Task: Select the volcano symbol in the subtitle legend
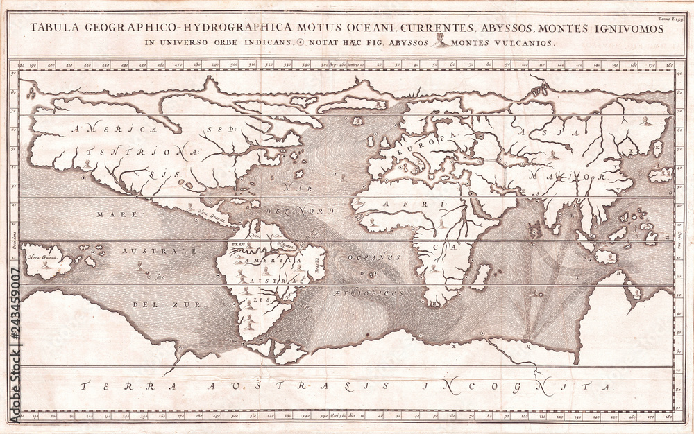pos(440,42)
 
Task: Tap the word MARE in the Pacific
pos(113,215)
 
